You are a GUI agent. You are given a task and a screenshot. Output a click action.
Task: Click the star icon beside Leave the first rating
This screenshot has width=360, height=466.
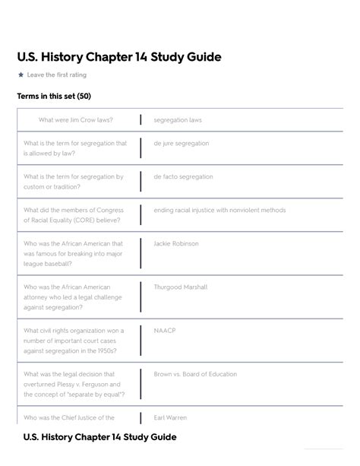(21, 75)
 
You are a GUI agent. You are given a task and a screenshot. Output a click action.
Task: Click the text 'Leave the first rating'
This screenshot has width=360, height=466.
(57, 75)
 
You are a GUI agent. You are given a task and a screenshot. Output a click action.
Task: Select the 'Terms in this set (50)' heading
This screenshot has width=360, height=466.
(54, 97)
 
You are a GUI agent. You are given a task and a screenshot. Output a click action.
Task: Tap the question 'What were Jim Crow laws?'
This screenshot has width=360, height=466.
(75, 120)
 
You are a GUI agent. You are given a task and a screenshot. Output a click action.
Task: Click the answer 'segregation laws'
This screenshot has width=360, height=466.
(178, 120)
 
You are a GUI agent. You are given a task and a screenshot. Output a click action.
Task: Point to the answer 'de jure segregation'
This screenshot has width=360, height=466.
(181, 144)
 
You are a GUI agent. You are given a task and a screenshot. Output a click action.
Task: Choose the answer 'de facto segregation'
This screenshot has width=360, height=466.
(183, 177)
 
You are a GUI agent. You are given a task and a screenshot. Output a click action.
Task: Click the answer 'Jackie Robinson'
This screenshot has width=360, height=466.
(176, 244)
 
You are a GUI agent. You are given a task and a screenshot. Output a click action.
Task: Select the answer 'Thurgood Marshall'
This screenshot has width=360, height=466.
(180, 287)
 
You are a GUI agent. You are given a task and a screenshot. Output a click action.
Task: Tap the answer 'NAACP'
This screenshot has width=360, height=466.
(164, 331)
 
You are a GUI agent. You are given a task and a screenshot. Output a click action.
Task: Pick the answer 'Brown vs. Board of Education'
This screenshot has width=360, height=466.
(195, 374)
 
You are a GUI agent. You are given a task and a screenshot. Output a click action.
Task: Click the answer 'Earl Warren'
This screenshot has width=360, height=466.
(170, 417)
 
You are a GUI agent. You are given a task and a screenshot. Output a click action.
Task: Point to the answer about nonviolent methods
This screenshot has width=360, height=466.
(219, 211)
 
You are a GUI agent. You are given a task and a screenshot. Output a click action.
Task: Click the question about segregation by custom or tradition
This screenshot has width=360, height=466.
(73, 182)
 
